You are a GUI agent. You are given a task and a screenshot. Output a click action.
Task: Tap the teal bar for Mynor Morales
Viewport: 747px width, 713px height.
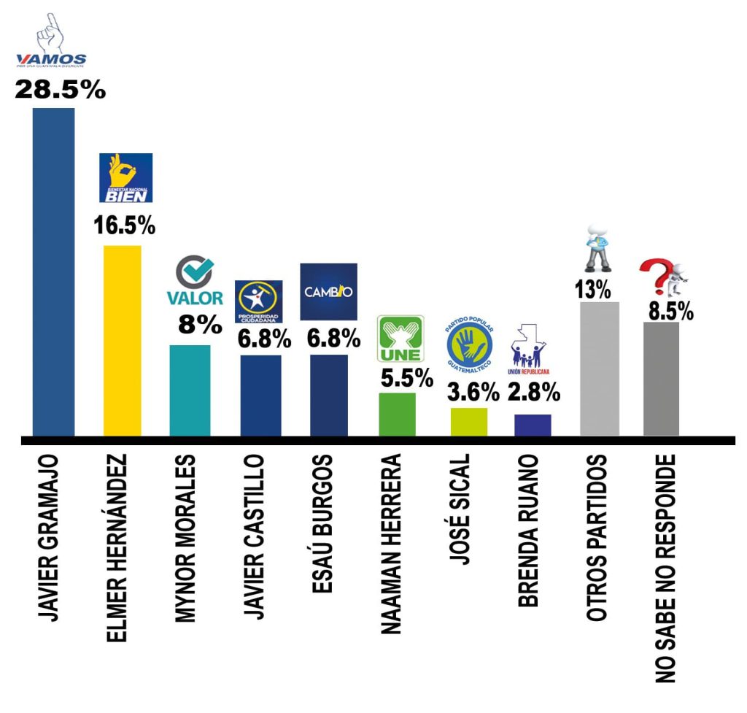tap(190, 390)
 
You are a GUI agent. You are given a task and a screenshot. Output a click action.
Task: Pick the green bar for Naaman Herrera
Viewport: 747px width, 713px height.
tap(397, 415)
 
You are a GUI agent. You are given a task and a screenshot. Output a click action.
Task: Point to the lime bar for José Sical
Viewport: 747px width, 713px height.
tap(468, 422)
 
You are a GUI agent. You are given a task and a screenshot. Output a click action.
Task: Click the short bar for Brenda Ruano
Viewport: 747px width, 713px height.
tap(533, 425)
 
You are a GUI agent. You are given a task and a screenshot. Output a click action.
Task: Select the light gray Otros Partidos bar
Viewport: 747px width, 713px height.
tap(599, 369)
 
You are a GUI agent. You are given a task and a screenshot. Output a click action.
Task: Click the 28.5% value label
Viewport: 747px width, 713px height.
tap(61, 90)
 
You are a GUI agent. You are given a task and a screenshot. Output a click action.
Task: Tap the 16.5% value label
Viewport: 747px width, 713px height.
tap(125, 226)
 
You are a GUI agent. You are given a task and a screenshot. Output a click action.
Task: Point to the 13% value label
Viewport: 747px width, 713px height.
tap(592, 290)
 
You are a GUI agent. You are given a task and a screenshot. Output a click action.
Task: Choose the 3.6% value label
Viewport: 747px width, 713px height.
tap(473, 392)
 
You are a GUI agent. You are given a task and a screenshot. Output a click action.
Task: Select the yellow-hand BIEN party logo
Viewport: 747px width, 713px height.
tap(125, 178)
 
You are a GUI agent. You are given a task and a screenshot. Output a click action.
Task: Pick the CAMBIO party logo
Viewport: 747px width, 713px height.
tap(328, 292)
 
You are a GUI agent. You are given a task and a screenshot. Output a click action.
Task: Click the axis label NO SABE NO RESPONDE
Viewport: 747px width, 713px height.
tap(665, 569)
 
